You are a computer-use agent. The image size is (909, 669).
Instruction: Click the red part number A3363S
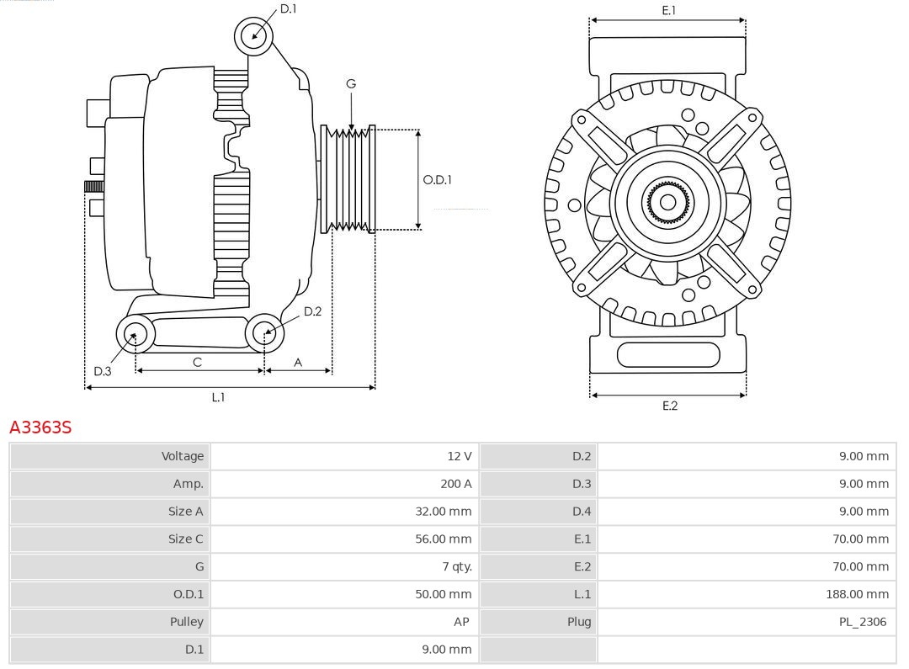click(40, 427)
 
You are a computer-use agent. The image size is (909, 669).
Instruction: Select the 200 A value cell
click(455, 484)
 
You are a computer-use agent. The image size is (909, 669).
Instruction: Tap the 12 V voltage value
click(459, 456)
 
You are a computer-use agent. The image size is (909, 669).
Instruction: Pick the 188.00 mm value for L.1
click(857, 594)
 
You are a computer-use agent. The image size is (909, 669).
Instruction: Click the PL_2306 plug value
click(863, 622)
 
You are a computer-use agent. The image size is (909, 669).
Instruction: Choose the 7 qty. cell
click(457, 566)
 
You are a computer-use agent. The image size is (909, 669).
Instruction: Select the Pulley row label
click(186, 622)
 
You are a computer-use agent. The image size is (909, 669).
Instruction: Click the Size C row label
click(185, 539)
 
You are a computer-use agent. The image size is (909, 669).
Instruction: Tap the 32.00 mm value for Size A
click(443, 512)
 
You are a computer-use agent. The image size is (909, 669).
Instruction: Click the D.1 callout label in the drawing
click(288, 8)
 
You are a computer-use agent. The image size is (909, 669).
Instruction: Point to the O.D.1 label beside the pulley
click(437, 179)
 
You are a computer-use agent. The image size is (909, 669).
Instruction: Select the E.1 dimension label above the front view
click(668, 10)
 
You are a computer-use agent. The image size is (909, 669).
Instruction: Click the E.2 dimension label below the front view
click(669, 406)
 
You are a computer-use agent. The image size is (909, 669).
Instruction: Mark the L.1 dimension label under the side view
click(218, 397)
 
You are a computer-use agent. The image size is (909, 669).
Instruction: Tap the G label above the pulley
click(351, 83)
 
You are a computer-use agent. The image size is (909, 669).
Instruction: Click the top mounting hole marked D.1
click(253, 35)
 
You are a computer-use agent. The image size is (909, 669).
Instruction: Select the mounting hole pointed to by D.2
click(264, 333)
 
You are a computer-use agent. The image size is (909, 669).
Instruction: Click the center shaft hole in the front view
click(667, 202)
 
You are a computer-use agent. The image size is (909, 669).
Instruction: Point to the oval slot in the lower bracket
click(668, 355)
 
